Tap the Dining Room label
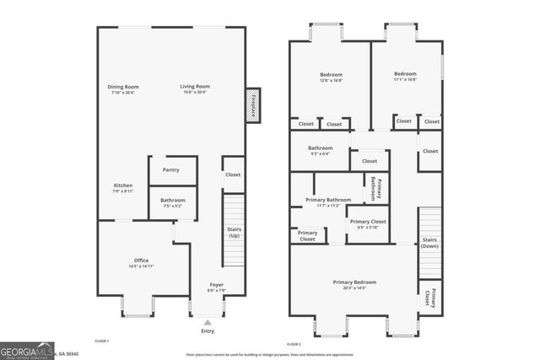click(123, 89)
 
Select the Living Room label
click(195, 89)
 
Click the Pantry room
click(171, 169)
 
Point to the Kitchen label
click(123, 187)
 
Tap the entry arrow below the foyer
click(208, 322)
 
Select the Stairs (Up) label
click(235, 231)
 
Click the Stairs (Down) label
click(429, 243)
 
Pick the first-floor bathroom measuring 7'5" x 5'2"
click(171, 202)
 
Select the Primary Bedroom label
click(354, 284)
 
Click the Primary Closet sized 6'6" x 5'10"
click(367, 224)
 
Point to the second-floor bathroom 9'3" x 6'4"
click(320, 151)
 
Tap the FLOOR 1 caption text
click(102, 341)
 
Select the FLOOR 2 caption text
click(294, 345)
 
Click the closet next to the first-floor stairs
click(233, 175)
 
